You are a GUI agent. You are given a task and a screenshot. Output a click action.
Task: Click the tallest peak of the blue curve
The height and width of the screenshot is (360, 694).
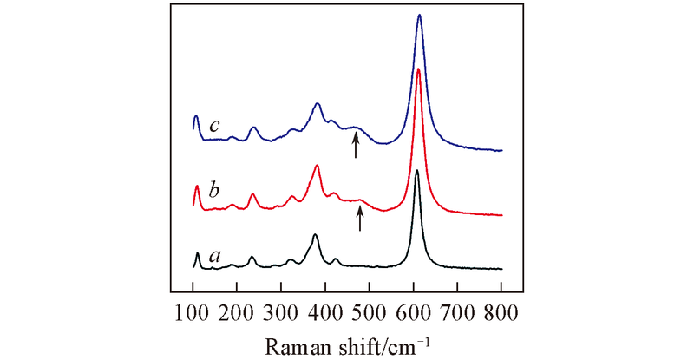(420, 16)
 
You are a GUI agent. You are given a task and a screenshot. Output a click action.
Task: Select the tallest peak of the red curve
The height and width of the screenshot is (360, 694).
(418, 69)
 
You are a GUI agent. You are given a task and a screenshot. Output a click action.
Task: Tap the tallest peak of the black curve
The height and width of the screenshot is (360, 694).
(417, 171)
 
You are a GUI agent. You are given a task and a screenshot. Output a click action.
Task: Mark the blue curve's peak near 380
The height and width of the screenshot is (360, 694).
(318, 104)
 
